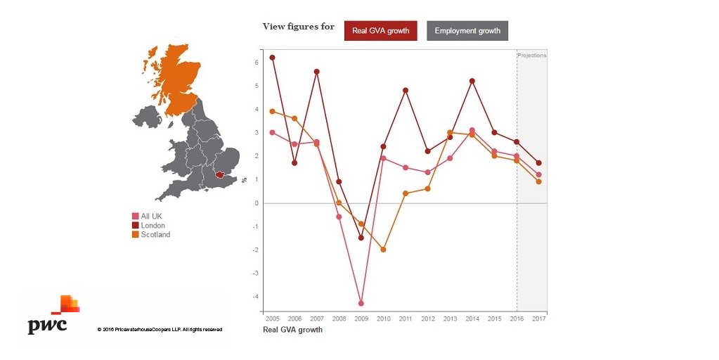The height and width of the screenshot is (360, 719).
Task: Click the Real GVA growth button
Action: click(x=381, y=31)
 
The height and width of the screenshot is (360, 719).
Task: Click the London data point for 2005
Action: click(x=272, y=58)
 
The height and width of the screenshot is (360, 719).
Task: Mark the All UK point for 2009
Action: click(x=361, y=304)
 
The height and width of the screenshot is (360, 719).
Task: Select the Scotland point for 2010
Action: click(x=384, y=250)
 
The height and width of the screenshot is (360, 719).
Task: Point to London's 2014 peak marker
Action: click(x=472, y=81)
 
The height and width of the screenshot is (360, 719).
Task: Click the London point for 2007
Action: click(x=317, y=72)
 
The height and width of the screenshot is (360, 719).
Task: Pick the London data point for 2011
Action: click(x=406, y=90)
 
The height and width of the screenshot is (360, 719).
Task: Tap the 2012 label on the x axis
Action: click(x=427, y=319)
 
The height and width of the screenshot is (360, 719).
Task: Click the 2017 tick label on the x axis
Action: click(x=538, y=319)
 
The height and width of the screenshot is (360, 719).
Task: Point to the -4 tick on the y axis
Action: click(x=257, y=297)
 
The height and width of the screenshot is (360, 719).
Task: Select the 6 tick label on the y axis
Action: click(x=257, y=63)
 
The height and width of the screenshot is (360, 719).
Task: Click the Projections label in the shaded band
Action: click(x=531, y=55)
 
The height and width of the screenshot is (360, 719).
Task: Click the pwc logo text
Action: click(x=47, y=326)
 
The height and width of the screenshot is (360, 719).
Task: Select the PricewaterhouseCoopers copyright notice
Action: click(x=160, y=329)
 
